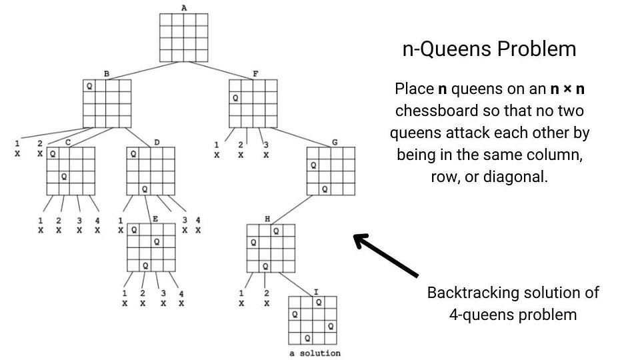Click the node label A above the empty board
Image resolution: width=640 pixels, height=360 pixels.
click(184, 8)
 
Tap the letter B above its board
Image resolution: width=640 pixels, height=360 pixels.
click(107, 74)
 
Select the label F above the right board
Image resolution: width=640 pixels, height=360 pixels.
click(255, 74)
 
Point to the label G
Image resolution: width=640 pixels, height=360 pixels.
click(335, 142)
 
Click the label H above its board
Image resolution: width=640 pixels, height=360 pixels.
click(267, 219)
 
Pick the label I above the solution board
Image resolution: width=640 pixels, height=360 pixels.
click(316, 291)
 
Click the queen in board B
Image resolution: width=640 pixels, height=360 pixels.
click(89, 86)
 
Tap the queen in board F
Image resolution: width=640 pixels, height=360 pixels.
click(235, 98)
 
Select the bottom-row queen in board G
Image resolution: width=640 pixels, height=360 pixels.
click(325, 189)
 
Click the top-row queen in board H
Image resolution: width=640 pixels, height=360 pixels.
click(276, 231)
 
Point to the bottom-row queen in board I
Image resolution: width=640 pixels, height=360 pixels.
click(307, 338)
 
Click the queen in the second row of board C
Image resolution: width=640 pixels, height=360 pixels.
click(64, 177)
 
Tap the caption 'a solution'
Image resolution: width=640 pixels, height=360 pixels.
click(315, 353)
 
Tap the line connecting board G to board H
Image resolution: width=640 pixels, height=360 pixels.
click(292, 210)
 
